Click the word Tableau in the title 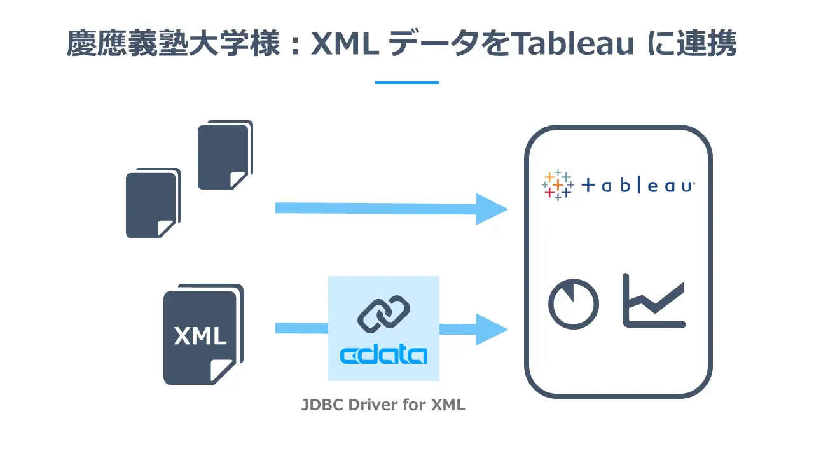(x=572, y=45)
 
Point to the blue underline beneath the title (x=407, y=83)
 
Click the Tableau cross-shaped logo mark (x=557, y=185)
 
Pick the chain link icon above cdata (x=383, y=314)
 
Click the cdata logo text (x=383, y=355)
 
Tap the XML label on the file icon (x=200, y=335)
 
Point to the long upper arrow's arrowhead (x=492, y=209)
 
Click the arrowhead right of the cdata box (x=492, y=329)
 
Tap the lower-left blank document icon (x=151, y=204)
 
